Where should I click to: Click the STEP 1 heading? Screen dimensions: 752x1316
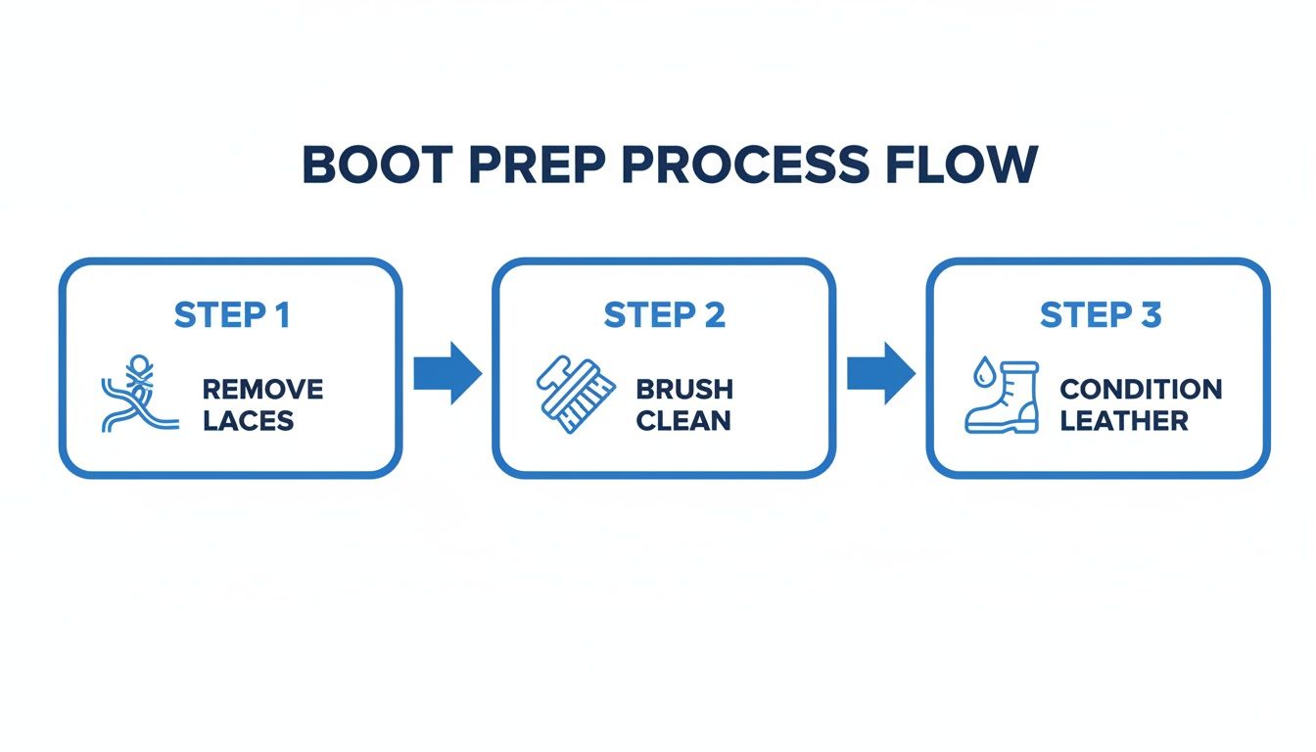point(231,315)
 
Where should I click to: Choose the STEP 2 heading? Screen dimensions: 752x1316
point(664,315)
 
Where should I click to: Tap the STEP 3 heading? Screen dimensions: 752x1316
point(1100,315)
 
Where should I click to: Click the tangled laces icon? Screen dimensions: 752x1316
point(138,398)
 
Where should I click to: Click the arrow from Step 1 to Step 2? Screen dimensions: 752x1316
point(447,373)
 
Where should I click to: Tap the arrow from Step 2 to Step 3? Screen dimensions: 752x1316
point(880,373)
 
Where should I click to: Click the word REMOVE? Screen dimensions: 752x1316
point(262,389)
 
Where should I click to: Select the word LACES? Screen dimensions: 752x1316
point(248,421)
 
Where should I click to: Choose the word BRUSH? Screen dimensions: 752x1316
point(684,389)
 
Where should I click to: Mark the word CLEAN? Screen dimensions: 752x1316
point(682,421)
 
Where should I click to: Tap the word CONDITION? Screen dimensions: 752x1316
point(1141,389)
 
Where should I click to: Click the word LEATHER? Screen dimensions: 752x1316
point(1124,421)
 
